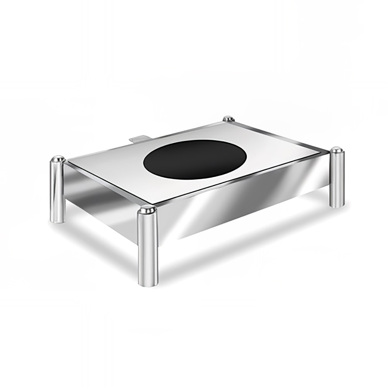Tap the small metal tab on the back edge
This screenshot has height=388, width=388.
pos(137,137)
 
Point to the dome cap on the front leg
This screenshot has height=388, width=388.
pos(148,210)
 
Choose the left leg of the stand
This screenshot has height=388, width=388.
pos(58,190)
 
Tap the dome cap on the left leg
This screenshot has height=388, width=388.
pos(58,159)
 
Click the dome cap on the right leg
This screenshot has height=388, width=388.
pos(337,150)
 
